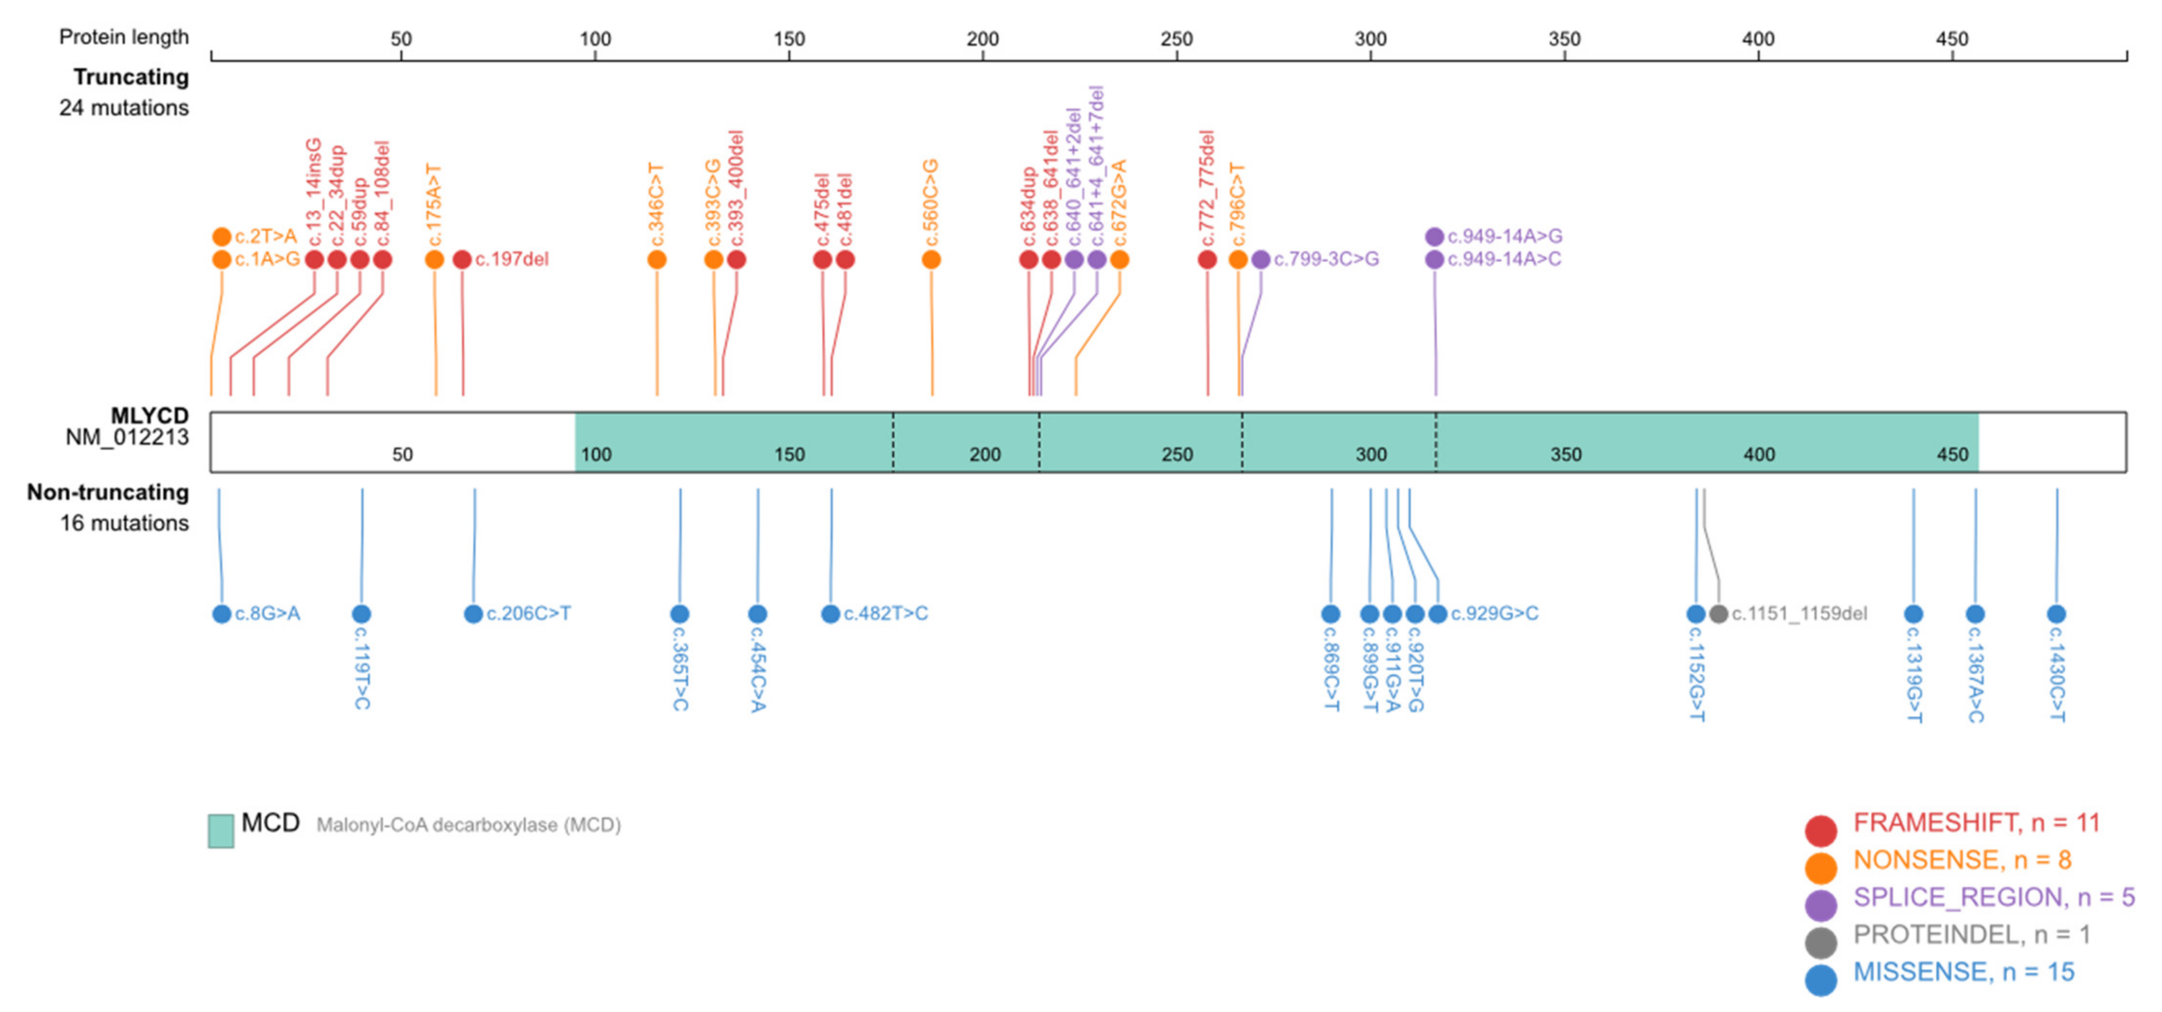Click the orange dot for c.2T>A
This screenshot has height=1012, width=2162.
[x=222, y=237]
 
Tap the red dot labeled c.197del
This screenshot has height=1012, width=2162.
[x=461, y=259]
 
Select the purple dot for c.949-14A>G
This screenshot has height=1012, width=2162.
[x=1434, y=237]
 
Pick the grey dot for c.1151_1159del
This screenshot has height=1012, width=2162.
[x=1718, y=614]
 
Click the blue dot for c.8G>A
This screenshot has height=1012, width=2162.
[x=222, y=614]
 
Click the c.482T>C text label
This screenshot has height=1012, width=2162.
[x=886, y=614]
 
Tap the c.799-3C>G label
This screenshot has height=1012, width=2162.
[x=1326, y=259]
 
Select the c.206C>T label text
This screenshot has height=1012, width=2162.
[x=529, y=614]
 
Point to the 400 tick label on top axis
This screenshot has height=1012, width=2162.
[x=1757, y=39]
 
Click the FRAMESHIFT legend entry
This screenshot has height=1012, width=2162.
[x=1976, y=823]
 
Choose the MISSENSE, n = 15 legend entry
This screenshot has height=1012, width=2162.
[x=1963, y=973]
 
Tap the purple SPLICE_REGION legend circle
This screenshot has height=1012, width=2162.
[x=1820, y=904]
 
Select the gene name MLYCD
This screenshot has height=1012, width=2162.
[x=149, y=416]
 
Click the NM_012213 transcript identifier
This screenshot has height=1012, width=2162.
[x=127, y=437]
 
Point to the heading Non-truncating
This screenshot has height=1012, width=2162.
[x=108, y=492]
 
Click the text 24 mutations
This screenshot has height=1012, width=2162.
[x=124, y=108]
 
